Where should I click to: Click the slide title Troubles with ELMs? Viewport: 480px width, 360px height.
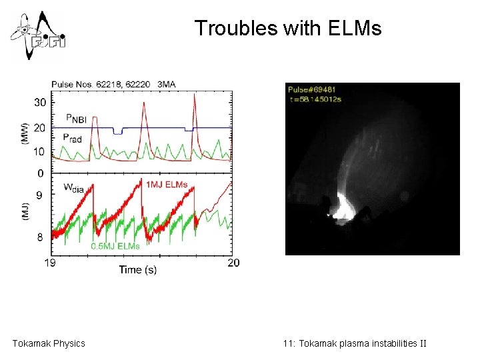click(x=288, y=28)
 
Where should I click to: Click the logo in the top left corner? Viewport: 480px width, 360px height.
click(x=37, y=35)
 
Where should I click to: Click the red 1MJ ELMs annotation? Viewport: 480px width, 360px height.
click(x=166, y=183)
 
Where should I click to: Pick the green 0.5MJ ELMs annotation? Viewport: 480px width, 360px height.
click(x=115, y=246)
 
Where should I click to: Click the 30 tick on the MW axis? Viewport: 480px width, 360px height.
click(x=40, y=102)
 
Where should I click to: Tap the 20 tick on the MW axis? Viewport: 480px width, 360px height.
click(x=40, y=127)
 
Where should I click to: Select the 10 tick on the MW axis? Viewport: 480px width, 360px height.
click(x=40, y=151)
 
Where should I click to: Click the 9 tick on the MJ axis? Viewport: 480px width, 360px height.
click(x=41, y=195)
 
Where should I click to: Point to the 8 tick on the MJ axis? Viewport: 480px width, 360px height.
click(x=41, y=237)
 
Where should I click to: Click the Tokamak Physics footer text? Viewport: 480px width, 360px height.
click(x=49, y=343)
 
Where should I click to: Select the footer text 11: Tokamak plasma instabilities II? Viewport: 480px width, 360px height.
click(x=354, y=343)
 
